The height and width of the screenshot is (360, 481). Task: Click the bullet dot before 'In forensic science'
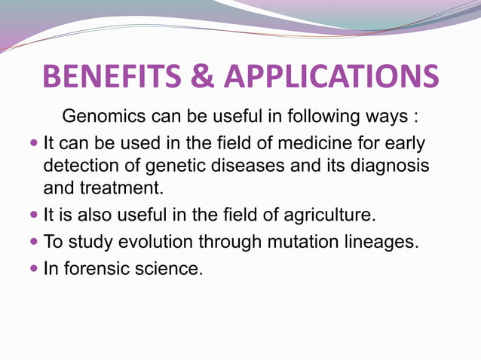(34, 269)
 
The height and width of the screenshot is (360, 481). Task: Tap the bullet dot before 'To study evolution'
(34, 243)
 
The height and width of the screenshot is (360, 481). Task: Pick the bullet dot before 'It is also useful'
(34, 215)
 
